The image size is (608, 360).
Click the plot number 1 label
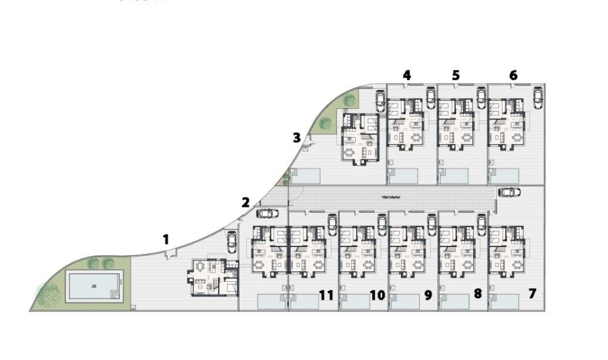pos(166,240)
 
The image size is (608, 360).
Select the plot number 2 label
pos(246,202)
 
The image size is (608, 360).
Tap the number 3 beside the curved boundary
pos(296,137)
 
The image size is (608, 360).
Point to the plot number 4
pos(406,75)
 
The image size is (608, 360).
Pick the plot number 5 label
pos(456,75)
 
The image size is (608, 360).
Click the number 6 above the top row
pos(513,75)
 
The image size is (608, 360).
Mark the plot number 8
pos(478,293)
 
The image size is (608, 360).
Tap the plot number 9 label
pos(428,295)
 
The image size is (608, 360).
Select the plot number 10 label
pos(377,295)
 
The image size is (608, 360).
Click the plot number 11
pos(326,295)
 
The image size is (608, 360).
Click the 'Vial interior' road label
pos(391,197)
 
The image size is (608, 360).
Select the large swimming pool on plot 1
pos(93,286)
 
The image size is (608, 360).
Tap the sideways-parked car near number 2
pos(267,213)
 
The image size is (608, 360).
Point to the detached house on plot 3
pos(361,137)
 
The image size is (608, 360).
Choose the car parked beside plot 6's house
pos(538,98)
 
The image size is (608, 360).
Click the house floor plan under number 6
pos(507,124)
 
